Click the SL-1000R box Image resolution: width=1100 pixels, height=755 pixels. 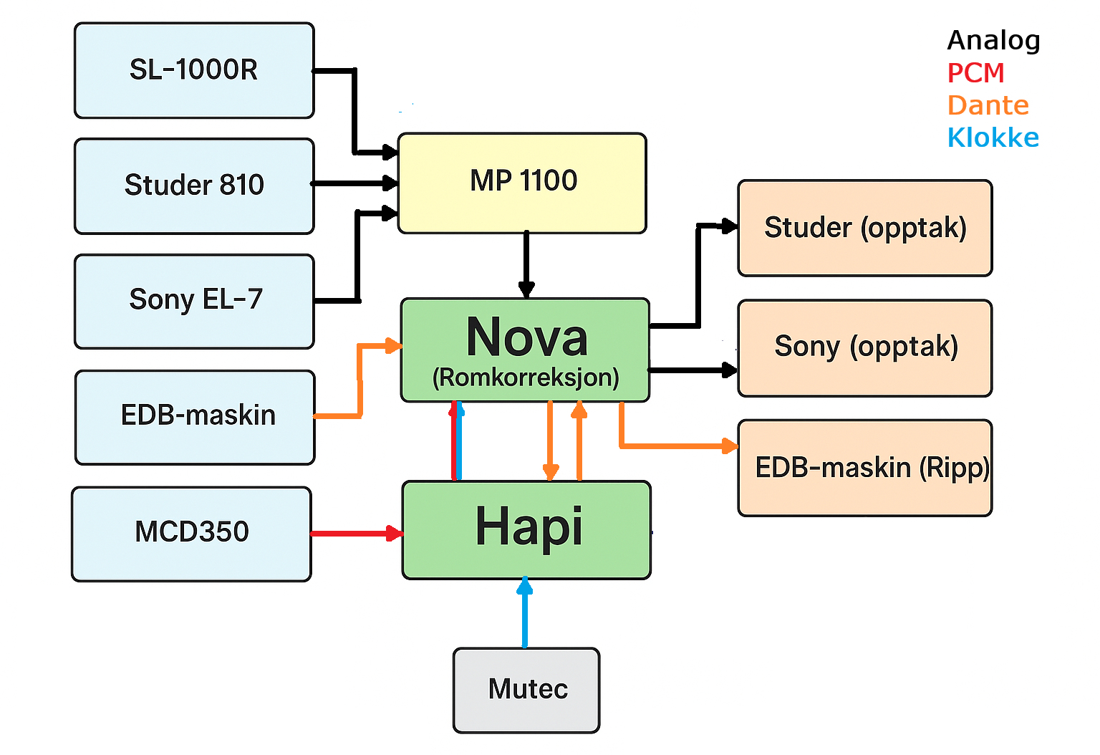(x=194, y=70)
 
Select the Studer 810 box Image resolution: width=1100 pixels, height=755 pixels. (x=194, y=186)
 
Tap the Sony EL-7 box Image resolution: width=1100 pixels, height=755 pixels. (x=194, y=301)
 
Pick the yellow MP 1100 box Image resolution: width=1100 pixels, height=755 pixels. (x=522, y=183)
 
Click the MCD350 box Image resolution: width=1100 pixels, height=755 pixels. (x=191, y=534)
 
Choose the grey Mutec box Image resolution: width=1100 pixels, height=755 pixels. (x=526, y=690)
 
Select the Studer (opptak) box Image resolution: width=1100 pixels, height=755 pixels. (x=864, y=228)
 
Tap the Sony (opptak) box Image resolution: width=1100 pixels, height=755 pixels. (x=864, y=347)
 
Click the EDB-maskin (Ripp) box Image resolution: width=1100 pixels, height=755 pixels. (x=864, y=468)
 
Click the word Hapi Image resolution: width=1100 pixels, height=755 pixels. (x=529, y=527)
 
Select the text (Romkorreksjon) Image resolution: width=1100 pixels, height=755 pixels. (x=526, y=377)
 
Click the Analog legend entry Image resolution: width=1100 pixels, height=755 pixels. (x=993, y=41)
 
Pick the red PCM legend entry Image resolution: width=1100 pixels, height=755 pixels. (x=975, y=73)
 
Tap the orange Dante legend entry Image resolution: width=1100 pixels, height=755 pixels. (x=988, y=105)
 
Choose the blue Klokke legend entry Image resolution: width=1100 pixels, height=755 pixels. (x=993, y=138)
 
